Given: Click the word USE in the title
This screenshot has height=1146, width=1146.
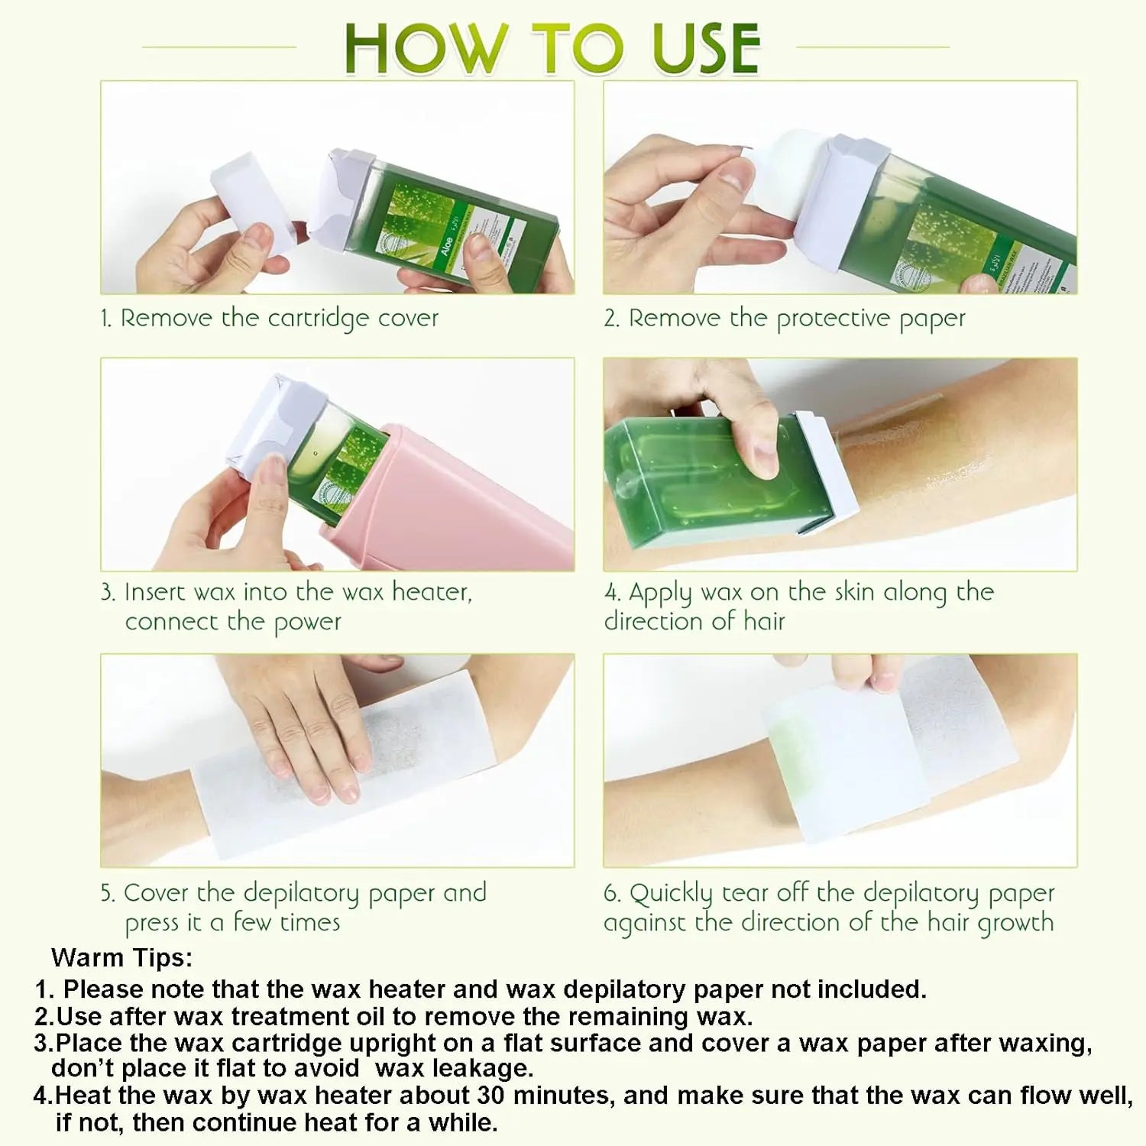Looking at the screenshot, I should [x=706, y=49].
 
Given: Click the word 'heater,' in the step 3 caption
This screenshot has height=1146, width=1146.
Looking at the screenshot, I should [x=432, y=592].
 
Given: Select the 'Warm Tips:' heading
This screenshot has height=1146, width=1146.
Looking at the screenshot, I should [x=121, y=958].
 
